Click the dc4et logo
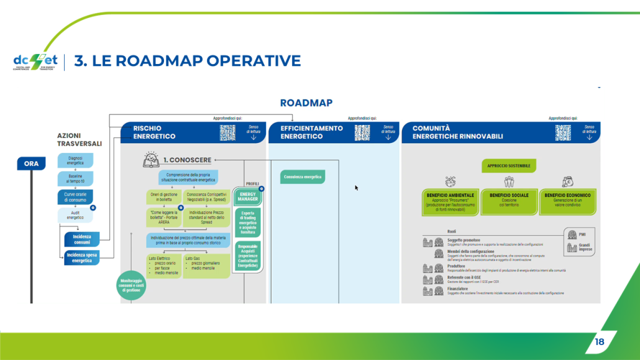35,62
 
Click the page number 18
599,341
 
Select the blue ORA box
31,164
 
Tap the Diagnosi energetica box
75,160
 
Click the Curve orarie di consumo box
75,197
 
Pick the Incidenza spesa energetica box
81,257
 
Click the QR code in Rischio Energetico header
227,133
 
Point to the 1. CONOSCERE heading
186,160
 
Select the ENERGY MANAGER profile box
247,196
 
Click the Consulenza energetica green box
303,177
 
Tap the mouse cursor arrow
357,187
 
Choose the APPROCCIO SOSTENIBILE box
508,166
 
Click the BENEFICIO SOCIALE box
509,201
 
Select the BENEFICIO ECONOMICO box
567,201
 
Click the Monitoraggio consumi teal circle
132,285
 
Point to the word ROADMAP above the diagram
306,103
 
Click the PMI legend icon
572,234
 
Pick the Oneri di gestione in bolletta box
163,197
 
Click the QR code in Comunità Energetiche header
563,133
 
